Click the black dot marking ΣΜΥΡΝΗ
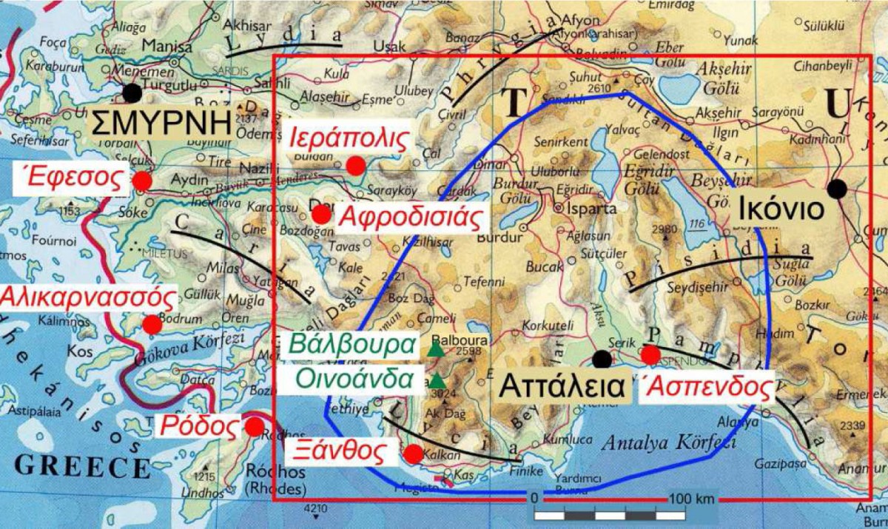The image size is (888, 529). (132, 92)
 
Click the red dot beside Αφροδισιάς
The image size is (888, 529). (321, 215)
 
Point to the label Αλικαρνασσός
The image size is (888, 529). (89, 299)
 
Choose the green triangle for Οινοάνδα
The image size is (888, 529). (437, 381)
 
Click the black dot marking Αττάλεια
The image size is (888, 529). (602, 360)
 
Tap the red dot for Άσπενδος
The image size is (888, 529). (650, 355)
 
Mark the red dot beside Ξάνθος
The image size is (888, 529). (414, 454)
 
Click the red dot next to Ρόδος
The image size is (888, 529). (255, 427)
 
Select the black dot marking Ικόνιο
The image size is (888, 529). (837, 189)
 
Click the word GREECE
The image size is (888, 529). (82, 468)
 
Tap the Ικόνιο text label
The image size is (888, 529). (781, 210)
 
